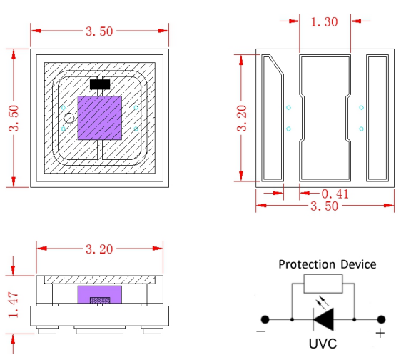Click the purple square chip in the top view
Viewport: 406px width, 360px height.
point(99,117)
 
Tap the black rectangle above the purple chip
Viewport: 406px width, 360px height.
point(99,84)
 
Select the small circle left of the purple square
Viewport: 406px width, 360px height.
point(68,118)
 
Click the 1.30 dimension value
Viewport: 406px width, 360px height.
point(325,21)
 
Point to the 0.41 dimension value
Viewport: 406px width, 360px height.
point(335,193)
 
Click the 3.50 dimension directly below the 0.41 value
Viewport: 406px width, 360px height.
point(325,206)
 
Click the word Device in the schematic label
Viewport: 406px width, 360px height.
point(358,264)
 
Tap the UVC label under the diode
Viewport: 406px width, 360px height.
point(323,344)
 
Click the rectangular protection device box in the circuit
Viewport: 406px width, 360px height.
point(323,284)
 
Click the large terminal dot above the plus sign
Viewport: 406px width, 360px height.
point(382,319)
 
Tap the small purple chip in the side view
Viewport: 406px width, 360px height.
point(99,295)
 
